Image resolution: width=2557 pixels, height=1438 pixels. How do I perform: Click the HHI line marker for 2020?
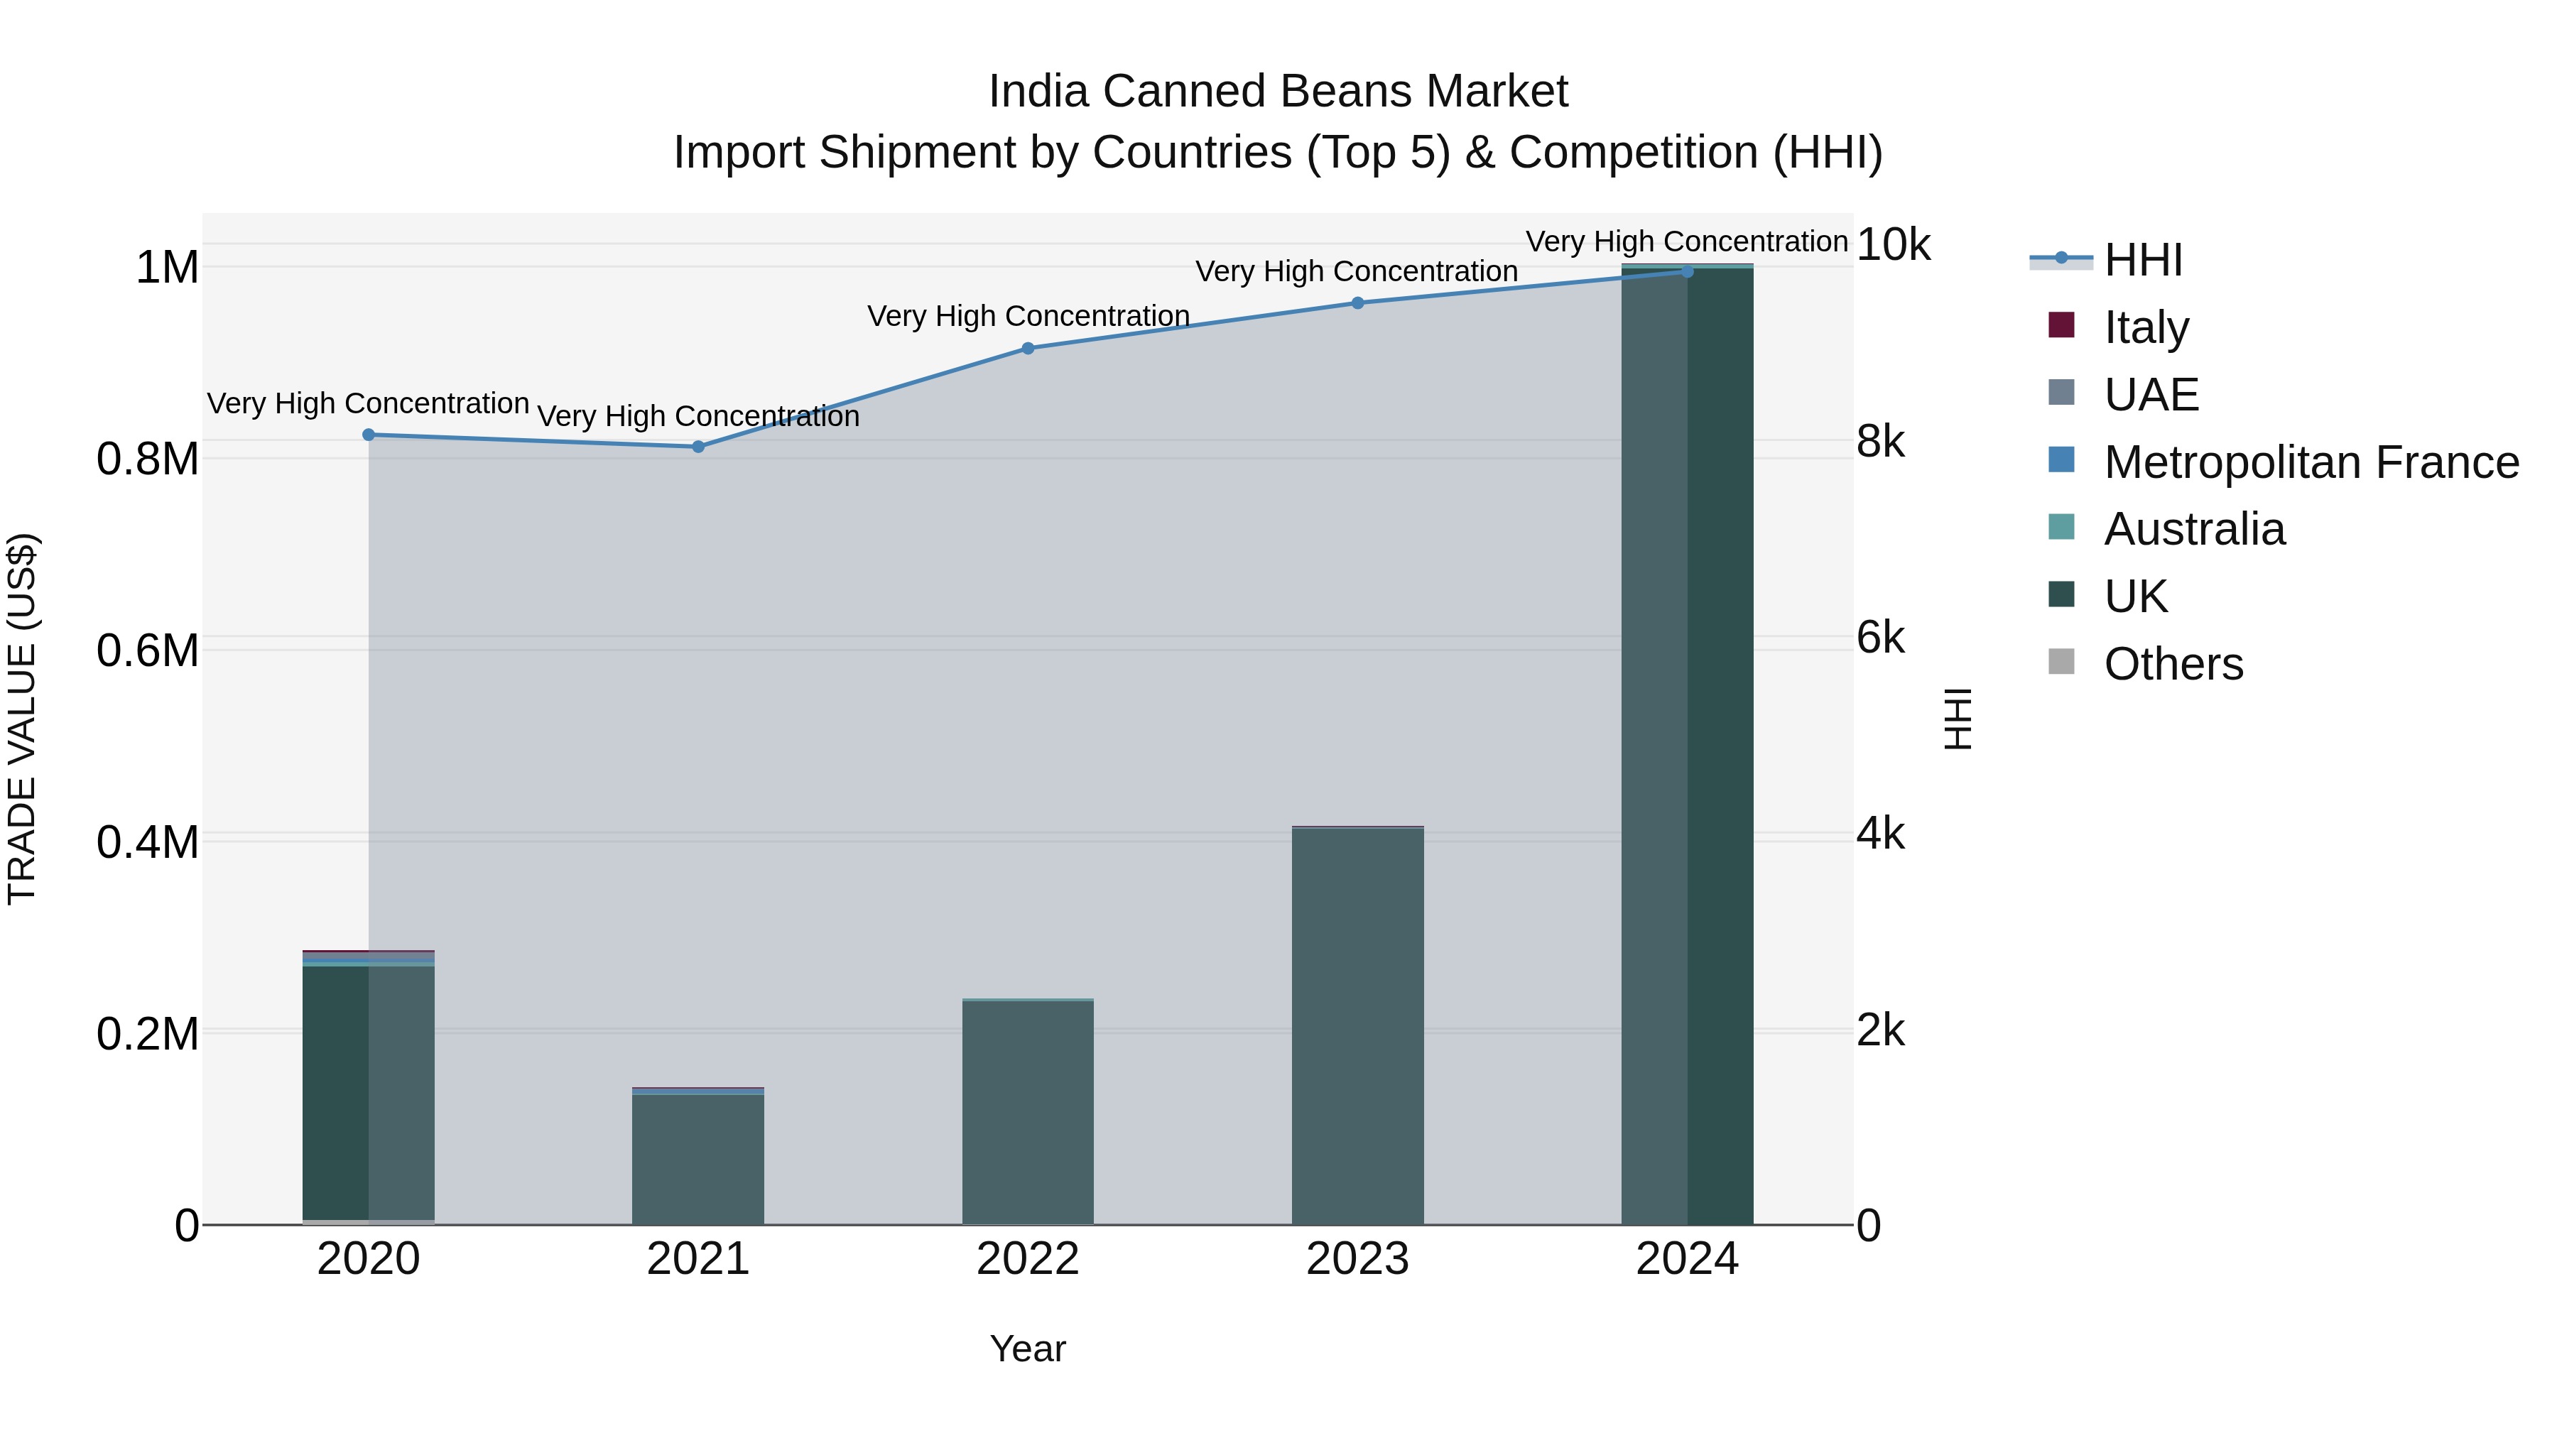pyautogui.click(x=368, y=435)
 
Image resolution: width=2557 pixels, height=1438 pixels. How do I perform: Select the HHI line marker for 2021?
pyautogui.click(x=697, y=447)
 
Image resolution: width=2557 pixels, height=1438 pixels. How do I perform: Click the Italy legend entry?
pyautogui.click(x=2145, y=327)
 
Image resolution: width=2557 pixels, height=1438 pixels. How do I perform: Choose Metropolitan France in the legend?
pyautogui.click(x=2310, y=462)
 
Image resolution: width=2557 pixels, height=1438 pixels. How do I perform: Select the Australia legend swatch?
pyautogui.click(x=2062, y=528)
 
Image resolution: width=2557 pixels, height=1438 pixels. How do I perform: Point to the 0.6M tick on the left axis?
pyautogui.click(x=148, y=651)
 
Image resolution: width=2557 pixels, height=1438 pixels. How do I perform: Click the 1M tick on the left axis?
pyautogui.click(x=167, y=268)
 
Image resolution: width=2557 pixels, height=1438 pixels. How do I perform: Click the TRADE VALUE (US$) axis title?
pyautogui.click(x=22, y=719)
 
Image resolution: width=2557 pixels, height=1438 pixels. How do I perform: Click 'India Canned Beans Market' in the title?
pyautogui.click(x=1278, y=92)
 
